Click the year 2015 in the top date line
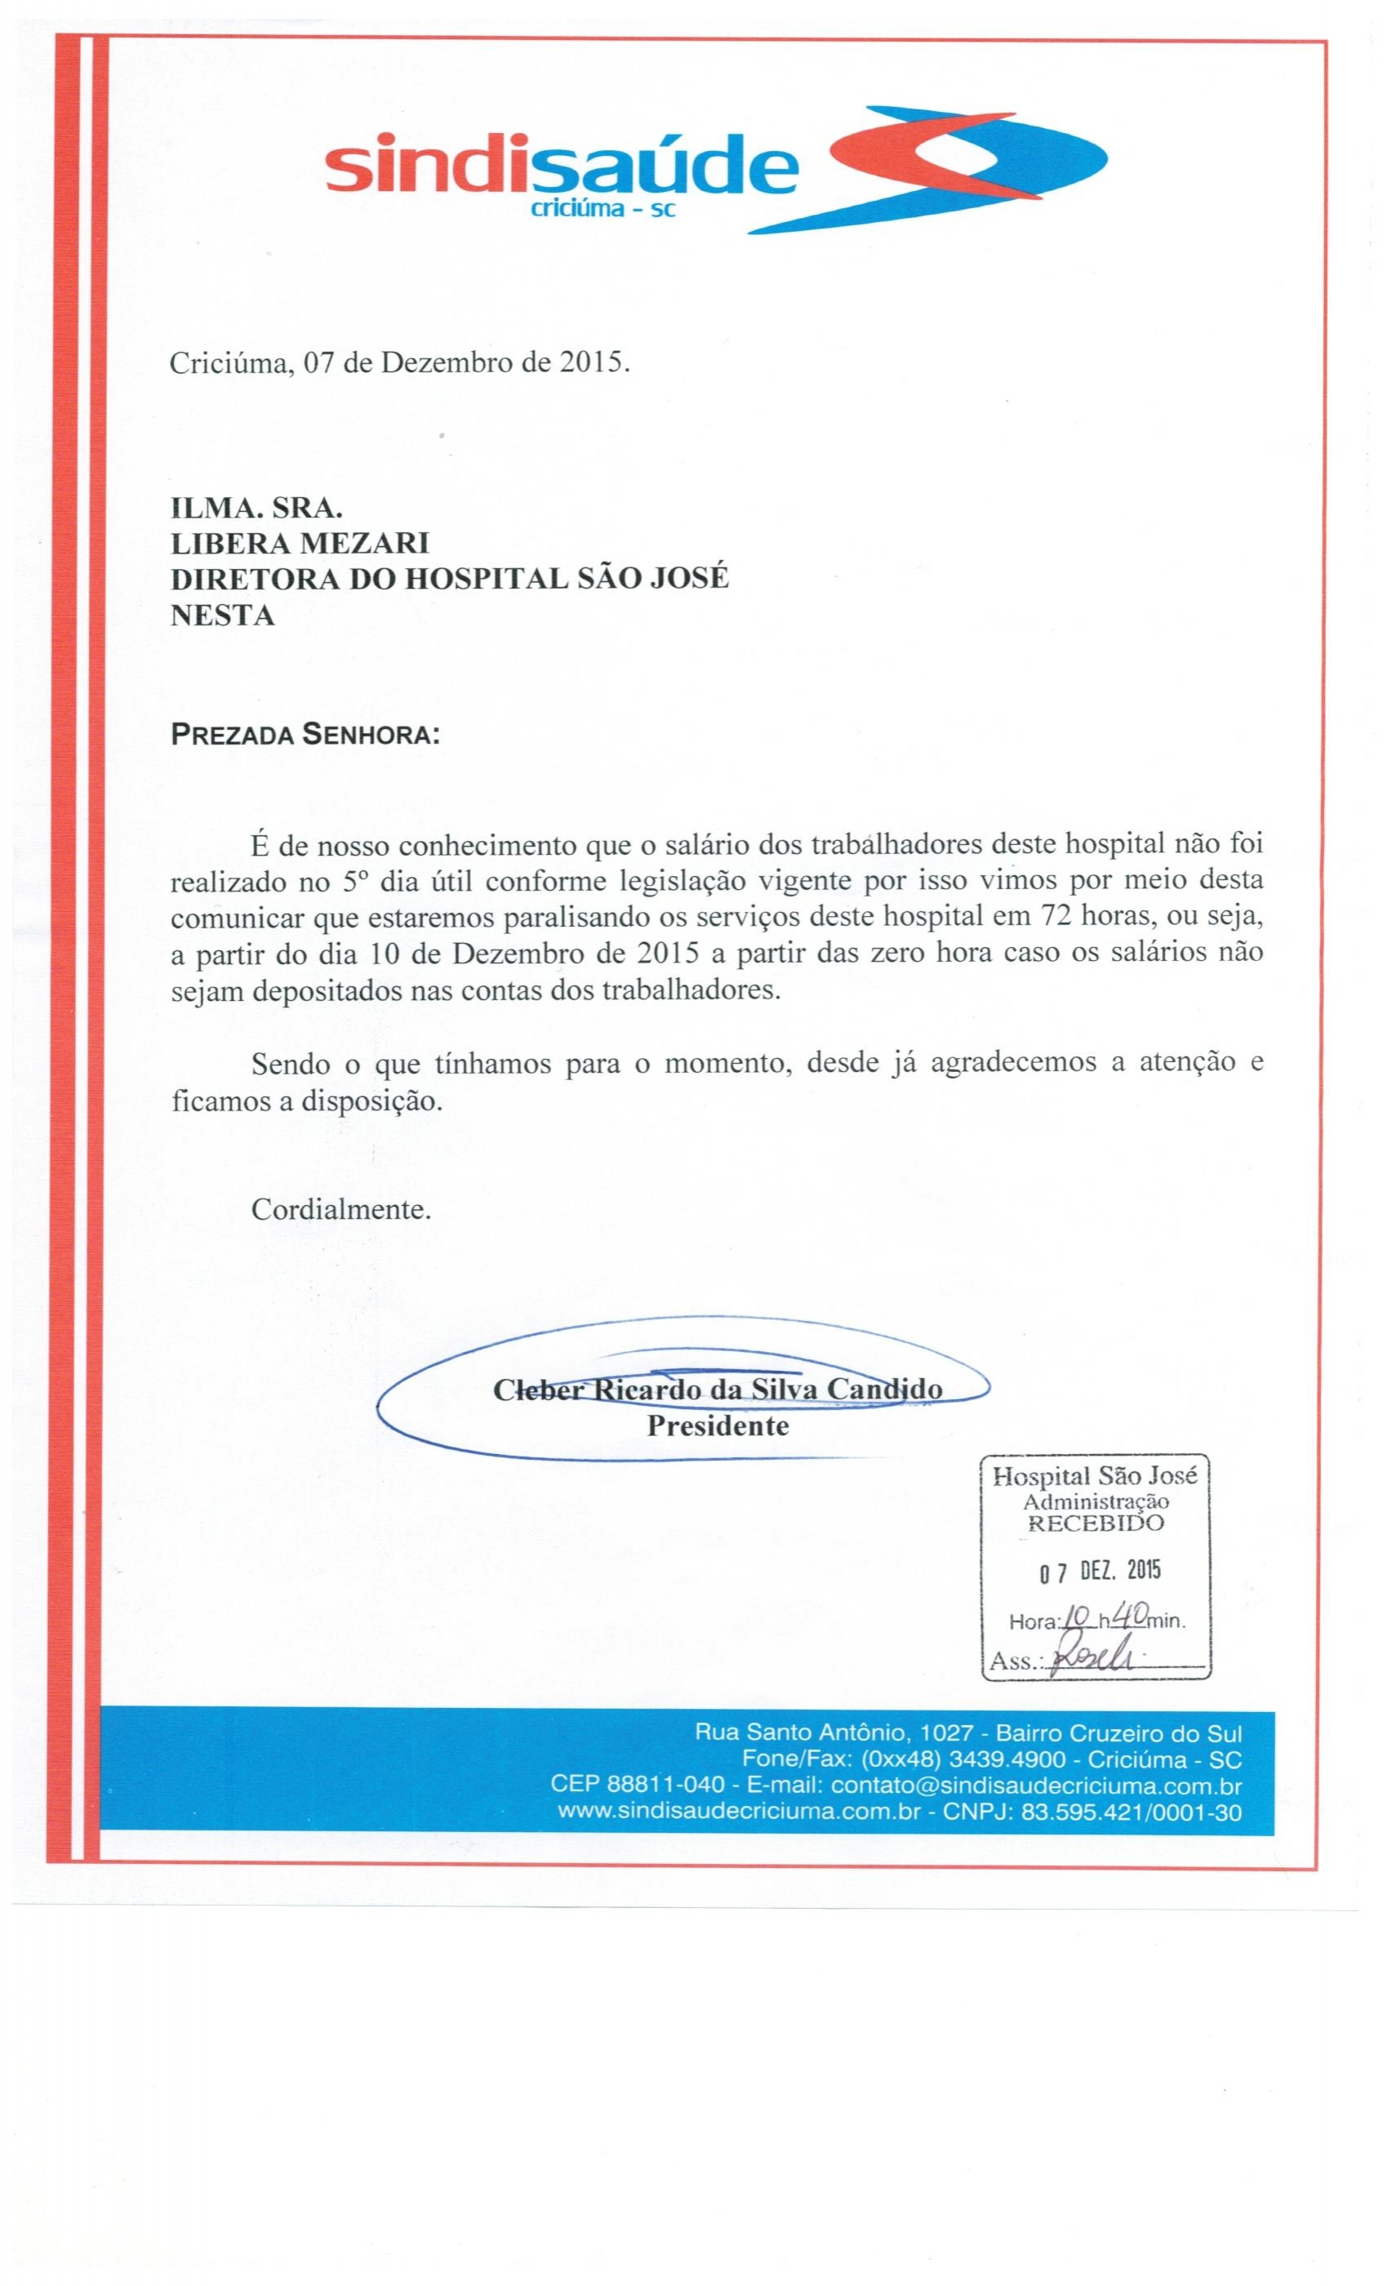(589, 362)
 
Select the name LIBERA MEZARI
(300, 543)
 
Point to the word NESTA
(223, 615)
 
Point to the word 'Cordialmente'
(340, 1210)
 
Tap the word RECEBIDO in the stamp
(1095, 1523)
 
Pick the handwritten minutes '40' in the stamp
(1131, 1615)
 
